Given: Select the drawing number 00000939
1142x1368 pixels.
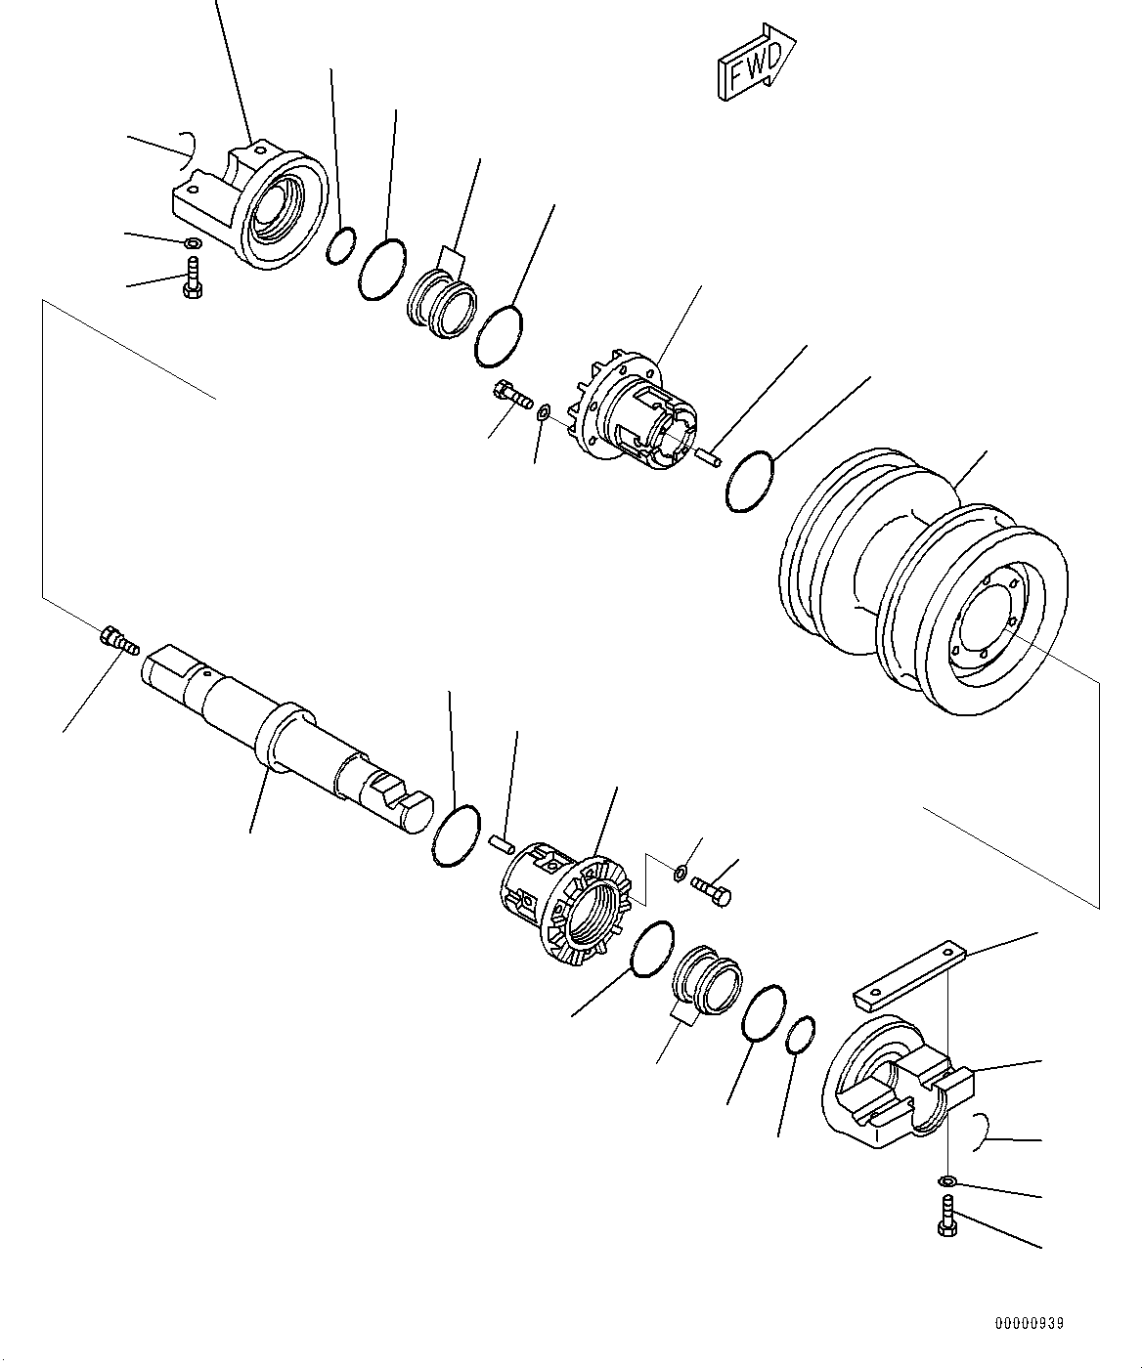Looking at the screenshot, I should [x=1029, y=1323].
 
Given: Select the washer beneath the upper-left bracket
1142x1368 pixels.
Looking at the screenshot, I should [x=193, y=241].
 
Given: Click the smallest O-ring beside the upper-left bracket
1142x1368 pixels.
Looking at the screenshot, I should [x=339, y=245].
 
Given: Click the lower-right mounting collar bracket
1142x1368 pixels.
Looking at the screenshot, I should [x=895, y=1085].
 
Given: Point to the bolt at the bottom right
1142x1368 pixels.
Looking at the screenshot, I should [x=947, y=1218].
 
